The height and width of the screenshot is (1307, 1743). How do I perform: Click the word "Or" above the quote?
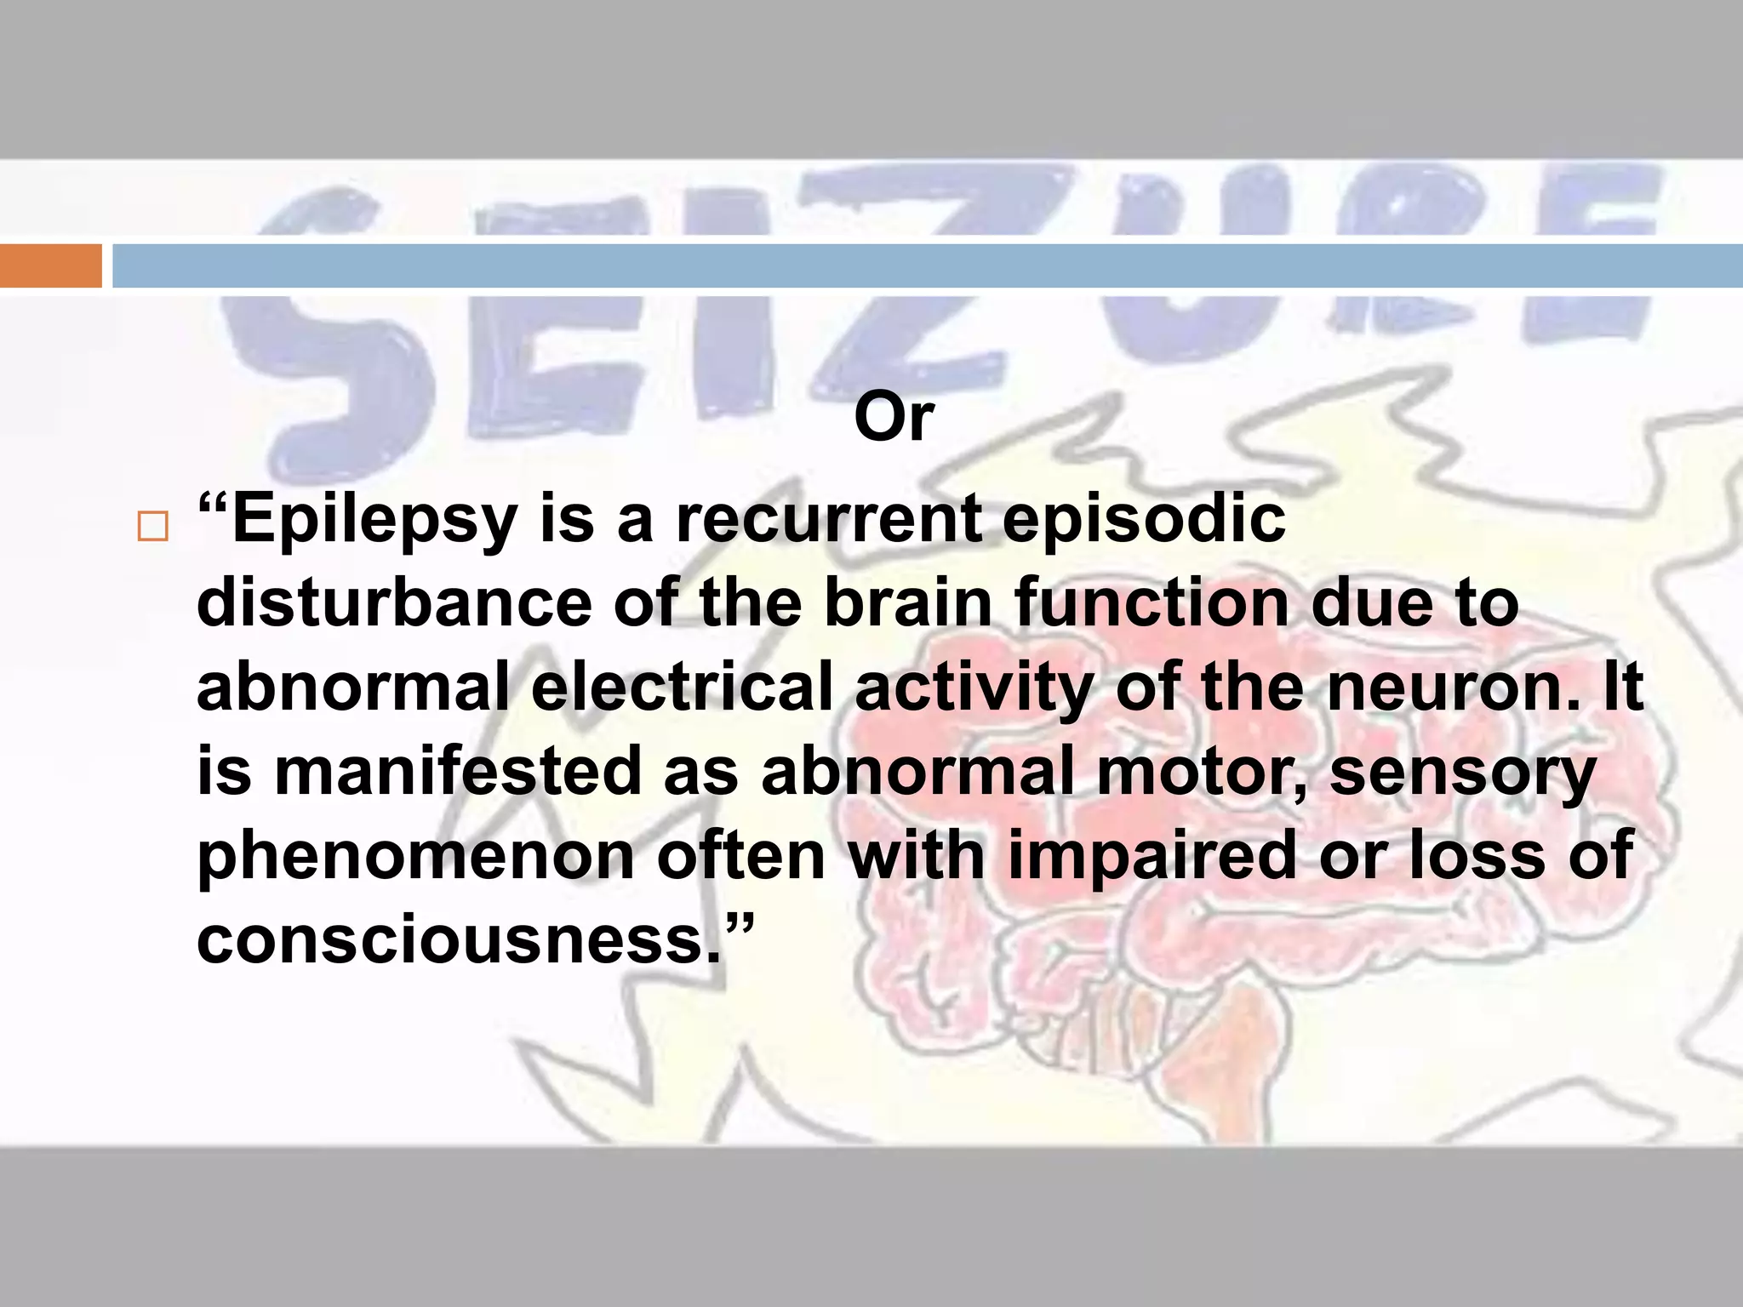(x=894, y=418)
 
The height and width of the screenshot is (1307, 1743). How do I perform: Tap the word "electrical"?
(x=682, y=687)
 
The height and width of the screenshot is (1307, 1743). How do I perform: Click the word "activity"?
(x=974, y=688)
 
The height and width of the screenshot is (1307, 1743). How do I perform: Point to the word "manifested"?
(x=457, y=771)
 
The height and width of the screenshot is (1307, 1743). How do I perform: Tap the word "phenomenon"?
(x=415, y=855)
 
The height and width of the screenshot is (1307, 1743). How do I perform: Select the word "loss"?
(x=1477, y=855)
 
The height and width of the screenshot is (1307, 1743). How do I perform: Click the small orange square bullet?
(x=153, y=528)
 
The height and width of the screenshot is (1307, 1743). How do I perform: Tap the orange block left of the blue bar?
(x=50, y=265)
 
